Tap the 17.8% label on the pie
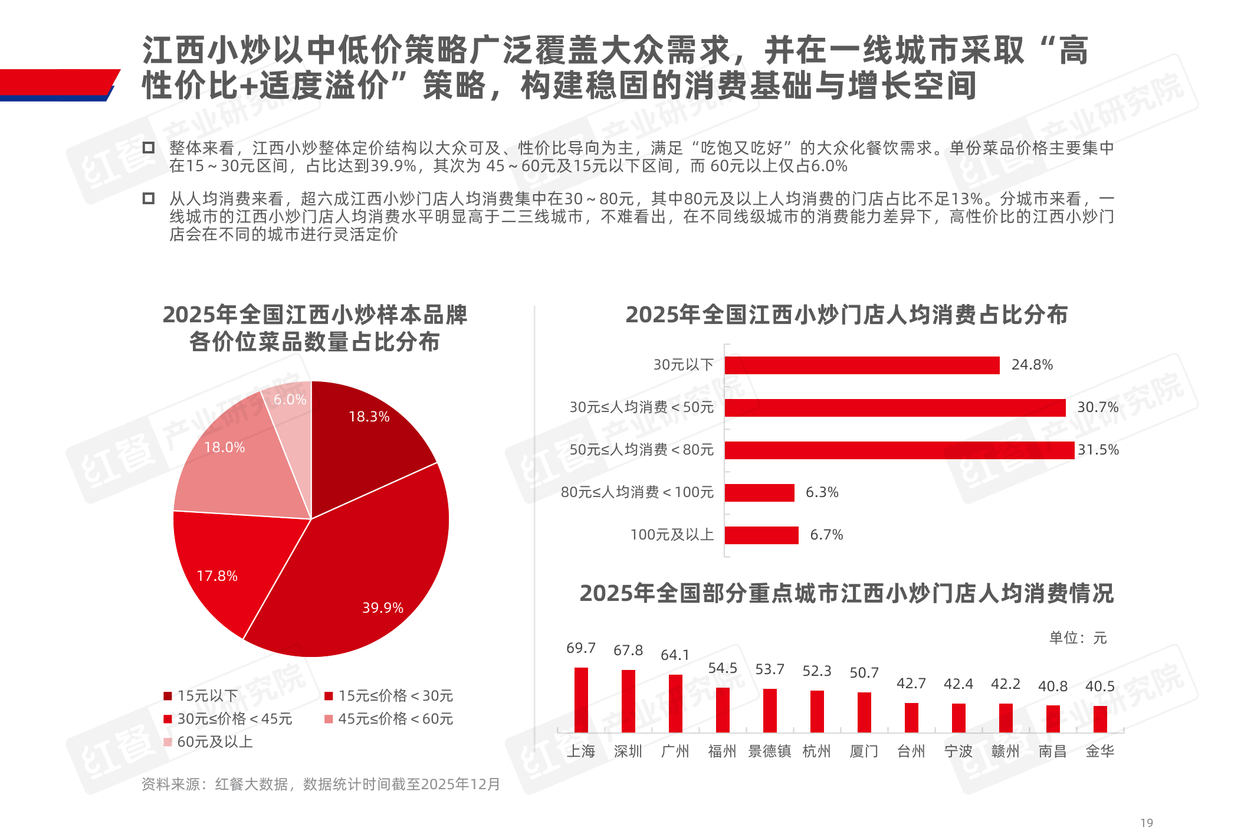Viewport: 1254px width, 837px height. point(217,576)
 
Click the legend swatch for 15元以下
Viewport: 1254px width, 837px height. point(168,696)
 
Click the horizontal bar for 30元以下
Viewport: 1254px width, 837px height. point(862,365)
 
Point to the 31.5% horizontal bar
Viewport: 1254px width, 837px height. point(899,450)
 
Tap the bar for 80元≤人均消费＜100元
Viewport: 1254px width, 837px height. point(760,493)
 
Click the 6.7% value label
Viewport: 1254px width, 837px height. point(826,535)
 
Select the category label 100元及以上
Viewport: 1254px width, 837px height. point(672,535)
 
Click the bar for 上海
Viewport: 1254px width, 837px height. point(581,700)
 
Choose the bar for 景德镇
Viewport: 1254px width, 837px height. point(770,711)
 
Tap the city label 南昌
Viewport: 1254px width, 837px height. point(1053,751)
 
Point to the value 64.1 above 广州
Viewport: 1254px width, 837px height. point(675,655)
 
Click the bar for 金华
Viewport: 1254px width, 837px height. point(1100,719)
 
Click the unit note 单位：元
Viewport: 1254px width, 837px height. point(1078,638)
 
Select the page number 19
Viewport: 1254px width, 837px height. point(1147,823)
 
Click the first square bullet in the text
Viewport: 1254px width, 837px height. point(149,148)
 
